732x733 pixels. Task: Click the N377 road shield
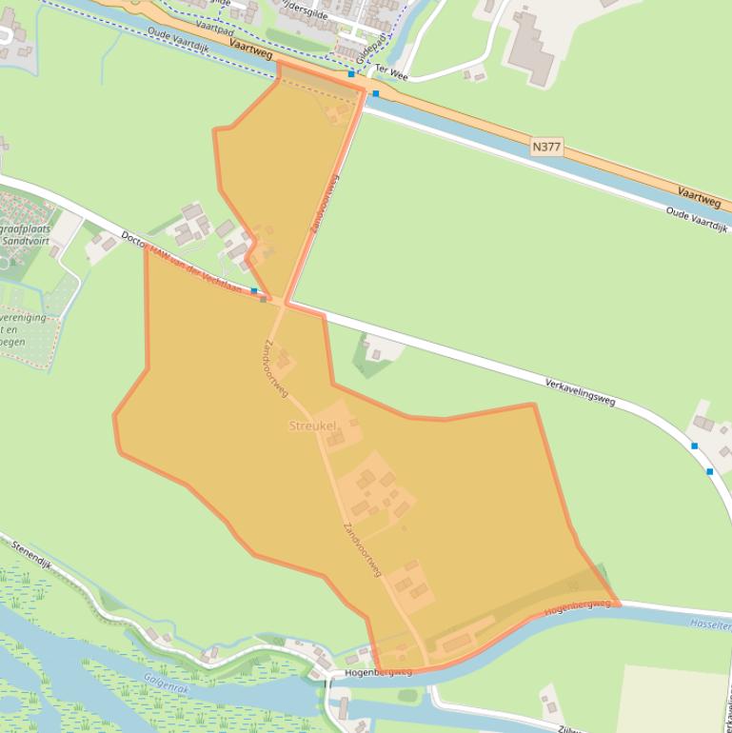pyautogui.click(x=547, y=147)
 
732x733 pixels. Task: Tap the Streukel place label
pyautogui.click(x=314, y=426)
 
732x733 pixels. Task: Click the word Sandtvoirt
pyautogui.click(x=26, y=241)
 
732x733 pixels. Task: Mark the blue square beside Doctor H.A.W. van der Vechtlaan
pyautogui.click(x=254, y=291)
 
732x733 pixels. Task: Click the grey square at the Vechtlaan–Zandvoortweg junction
pyautogui.click(x=264, y=299)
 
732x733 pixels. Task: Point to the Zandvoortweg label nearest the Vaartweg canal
pyautogui.click(x=324, y=204)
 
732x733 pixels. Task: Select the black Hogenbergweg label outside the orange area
pyautogui.click(x=378, y=671)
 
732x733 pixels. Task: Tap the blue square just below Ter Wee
pyautogui.click(x=376, y=93)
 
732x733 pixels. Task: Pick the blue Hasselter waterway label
pyautogui.click(x=712, y=622)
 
